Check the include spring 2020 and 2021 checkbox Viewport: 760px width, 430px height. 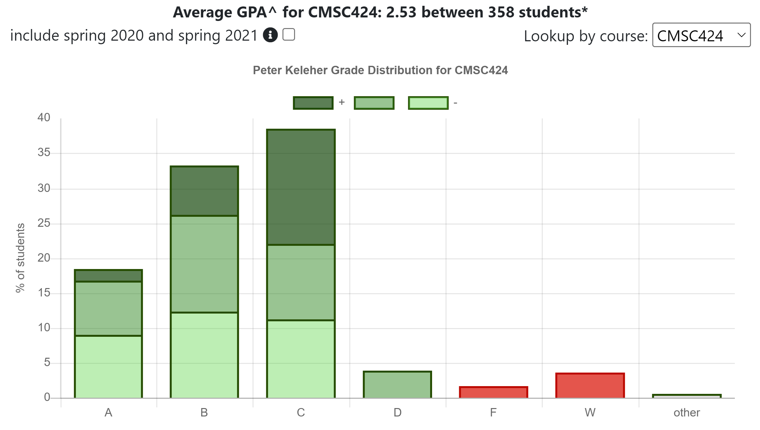coord(289,35)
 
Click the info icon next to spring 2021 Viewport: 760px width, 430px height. coord(270,35)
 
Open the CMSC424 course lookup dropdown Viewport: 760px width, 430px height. coord(701,35)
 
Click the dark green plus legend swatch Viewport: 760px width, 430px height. coord(313,103)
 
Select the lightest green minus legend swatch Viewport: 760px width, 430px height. coord(428,103)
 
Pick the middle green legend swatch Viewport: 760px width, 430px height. coord(374,103)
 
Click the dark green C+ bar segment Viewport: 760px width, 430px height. coord(301,187)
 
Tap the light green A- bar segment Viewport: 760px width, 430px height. coord(108,367)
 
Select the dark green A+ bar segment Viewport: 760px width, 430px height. coord(108,276)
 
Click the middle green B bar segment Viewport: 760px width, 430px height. coord(204,264)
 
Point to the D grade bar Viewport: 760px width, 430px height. coord(397,385)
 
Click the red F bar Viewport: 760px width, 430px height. coord(493,392)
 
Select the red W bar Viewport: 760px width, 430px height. coord(590,385)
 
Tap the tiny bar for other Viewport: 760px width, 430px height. coord(686,396)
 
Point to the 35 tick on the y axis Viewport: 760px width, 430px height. coord(44,152)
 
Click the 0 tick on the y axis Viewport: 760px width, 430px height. coord(47,397)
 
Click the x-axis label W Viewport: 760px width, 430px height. coord(590,413)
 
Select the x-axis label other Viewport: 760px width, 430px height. coord(686,413)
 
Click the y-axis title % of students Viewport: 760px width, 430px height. coord(20,258)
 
